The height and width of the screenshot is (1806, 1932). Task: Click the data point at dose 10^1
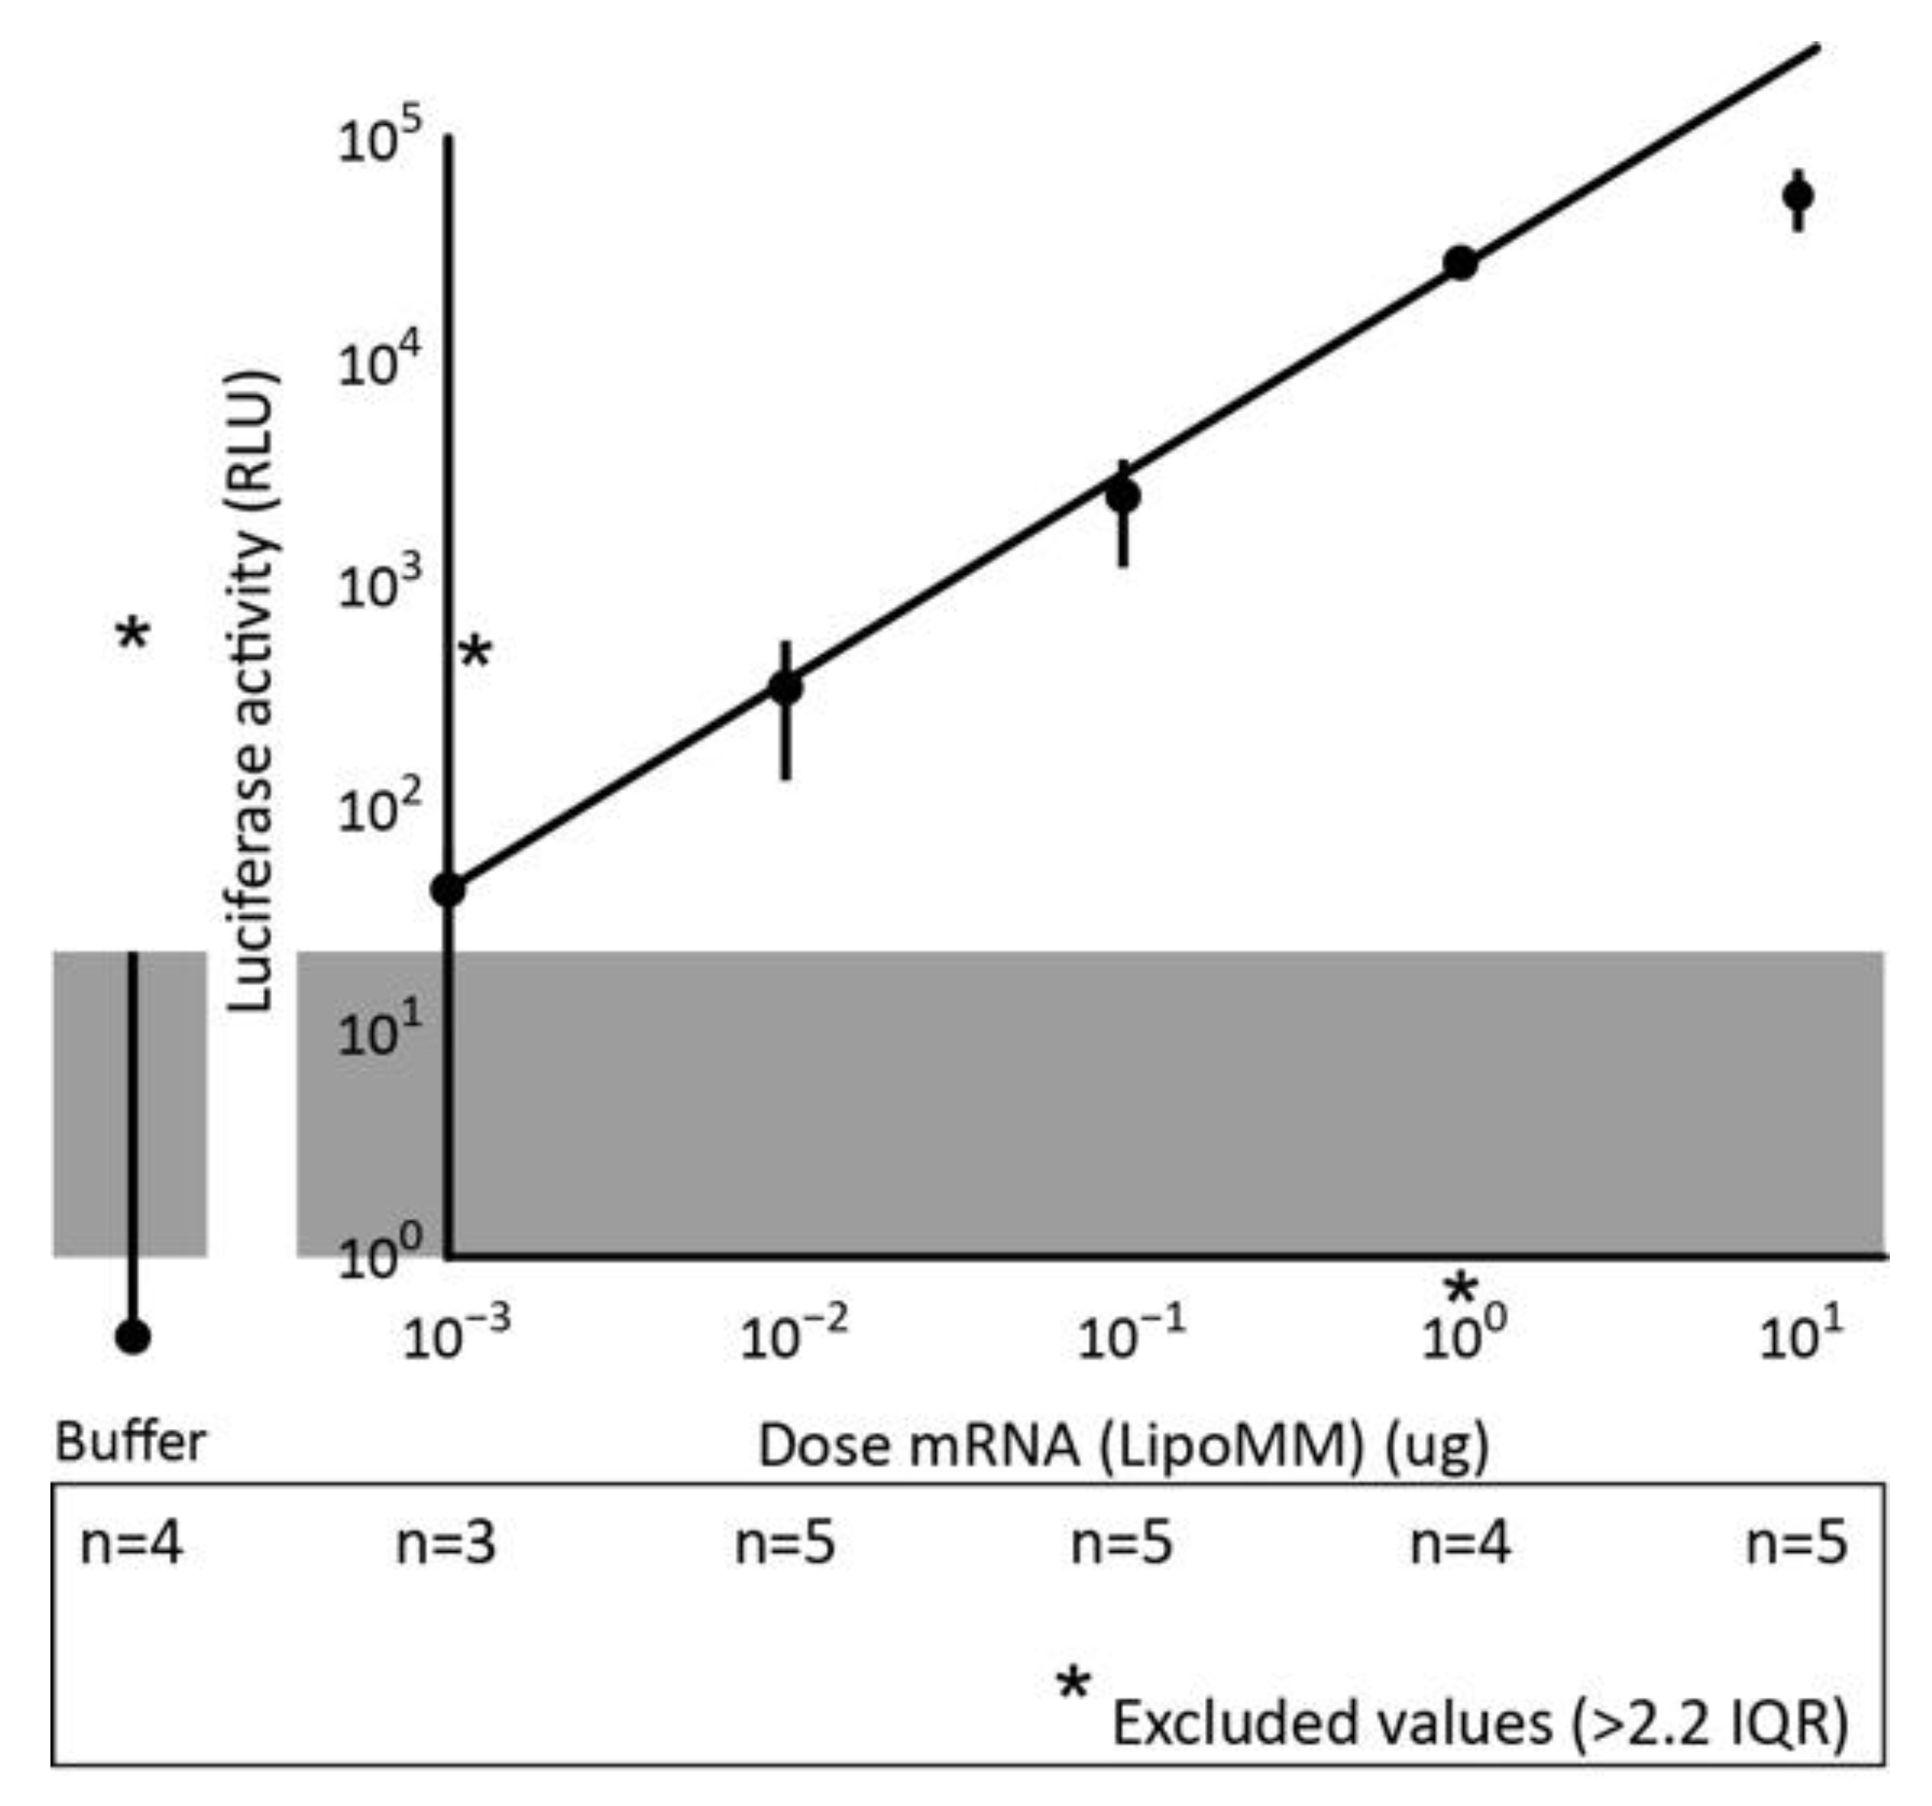click(1798, 196)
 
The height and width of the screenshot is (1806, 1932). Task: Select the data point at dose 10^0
click(1460, 262)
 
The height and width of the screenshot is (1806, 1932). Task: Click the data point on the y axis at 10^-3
click(448, 888)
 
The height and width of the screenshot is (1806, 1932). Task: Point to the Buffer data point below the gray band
click(133, 1337)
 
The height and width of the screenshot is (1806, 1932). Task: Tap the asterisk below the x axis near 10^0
click(1461, 1290)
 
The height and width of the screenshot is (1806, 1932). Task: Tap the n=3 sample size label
click(446, 1543)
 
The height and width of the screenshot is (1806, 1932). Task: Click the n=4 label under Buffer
click(132, 1543)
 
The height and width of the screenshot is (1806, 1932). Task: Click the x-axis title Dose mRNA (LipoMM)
click(1122, 1445)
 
